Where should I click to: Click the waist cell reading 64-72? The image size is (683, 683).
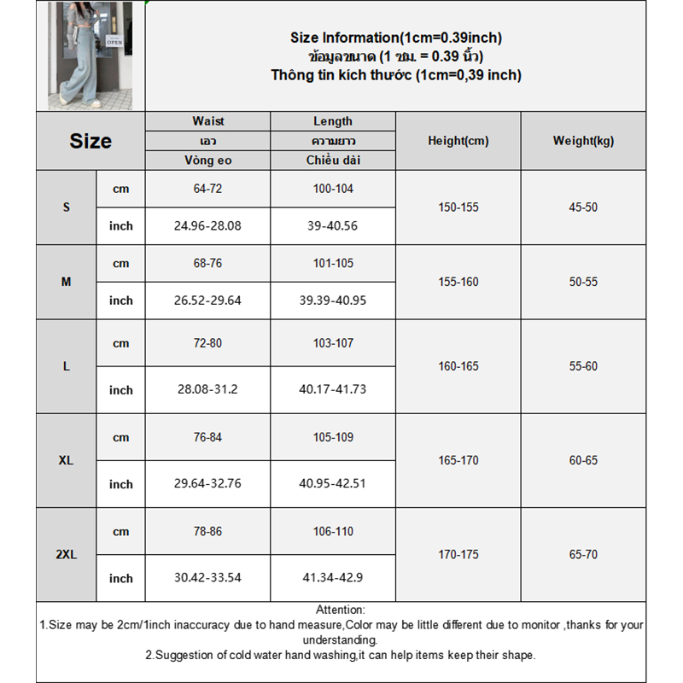[x=207, y=189]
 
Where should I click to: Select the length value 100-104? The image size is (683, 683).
[x=333, y=189]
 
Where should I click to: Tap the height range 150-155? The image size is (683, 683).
[x=458, y=207]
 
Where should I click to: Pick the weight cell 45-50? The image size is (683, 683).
[x=583, y=207]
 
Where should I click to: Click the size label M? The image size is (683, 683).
[x=66, y=282]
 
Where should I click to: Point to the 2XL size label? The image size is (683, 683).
[x=66, y=554]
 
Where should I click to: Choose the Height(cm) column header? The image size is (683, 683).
[x=458, y=141]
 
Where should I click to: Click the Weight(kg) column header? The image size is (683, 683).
[x=583, y=141]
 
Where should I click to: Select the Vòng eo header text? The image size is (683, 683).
[x=207, y=160]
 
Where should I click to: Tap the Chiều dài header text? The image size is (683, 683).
[x=333, y=160]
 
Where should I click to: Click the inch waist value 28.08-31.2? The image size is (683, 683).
[x=207, y=389]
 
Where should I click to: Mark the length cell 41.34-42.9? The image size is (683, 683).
[x=333, y=577]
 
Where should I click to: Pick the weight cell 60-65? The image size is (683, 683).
[x=583, y=460]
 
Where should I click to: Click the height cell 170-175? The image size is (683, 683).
[x=458, y=554]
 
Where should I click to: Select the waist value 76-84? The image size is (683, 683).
[x=207, y=437]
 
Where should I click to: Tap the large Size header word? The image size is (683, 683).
[x=90, y=141]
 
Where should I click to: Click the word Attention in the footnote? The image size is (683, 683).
[x=340, y=610]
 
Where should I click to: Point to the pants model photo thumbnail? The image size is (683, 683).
[x=90, y=55]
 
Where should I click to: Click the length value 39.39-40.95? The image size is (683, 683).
[x=333, y=300]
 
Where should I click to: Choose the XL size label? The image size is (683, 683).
[x=66, y=460]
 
